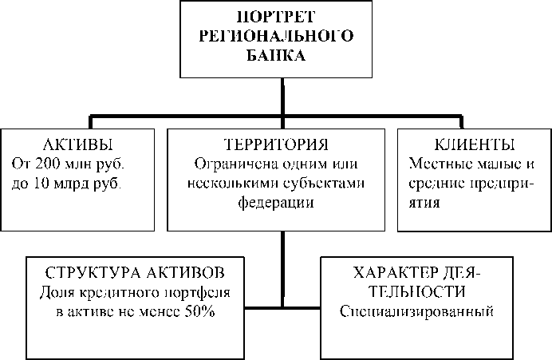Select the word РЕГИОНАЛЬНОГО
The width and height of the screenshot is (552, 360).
pos(282,38)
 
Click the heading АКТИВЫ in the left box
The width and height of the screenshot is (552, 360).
pos(77,145)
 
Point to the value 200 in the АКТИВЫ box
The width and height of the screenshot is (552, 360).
pos(47,164)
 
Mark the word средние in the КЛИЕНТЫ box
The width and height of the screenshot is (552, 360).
pos(436,183)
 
